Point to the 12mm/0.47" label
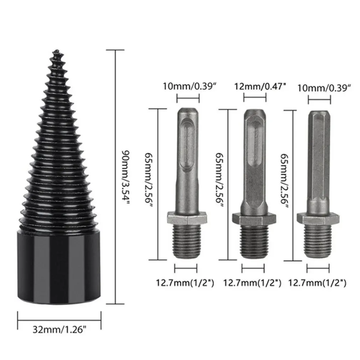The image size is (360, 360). tap(260, 87)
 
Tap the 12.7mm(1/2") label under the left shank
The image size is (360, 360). tap(185, 283)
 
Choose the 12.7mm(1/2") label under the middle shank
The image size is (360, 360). tap(253, 283)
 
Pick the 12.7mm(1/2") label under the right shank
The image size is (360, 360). tap(317, 283)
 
